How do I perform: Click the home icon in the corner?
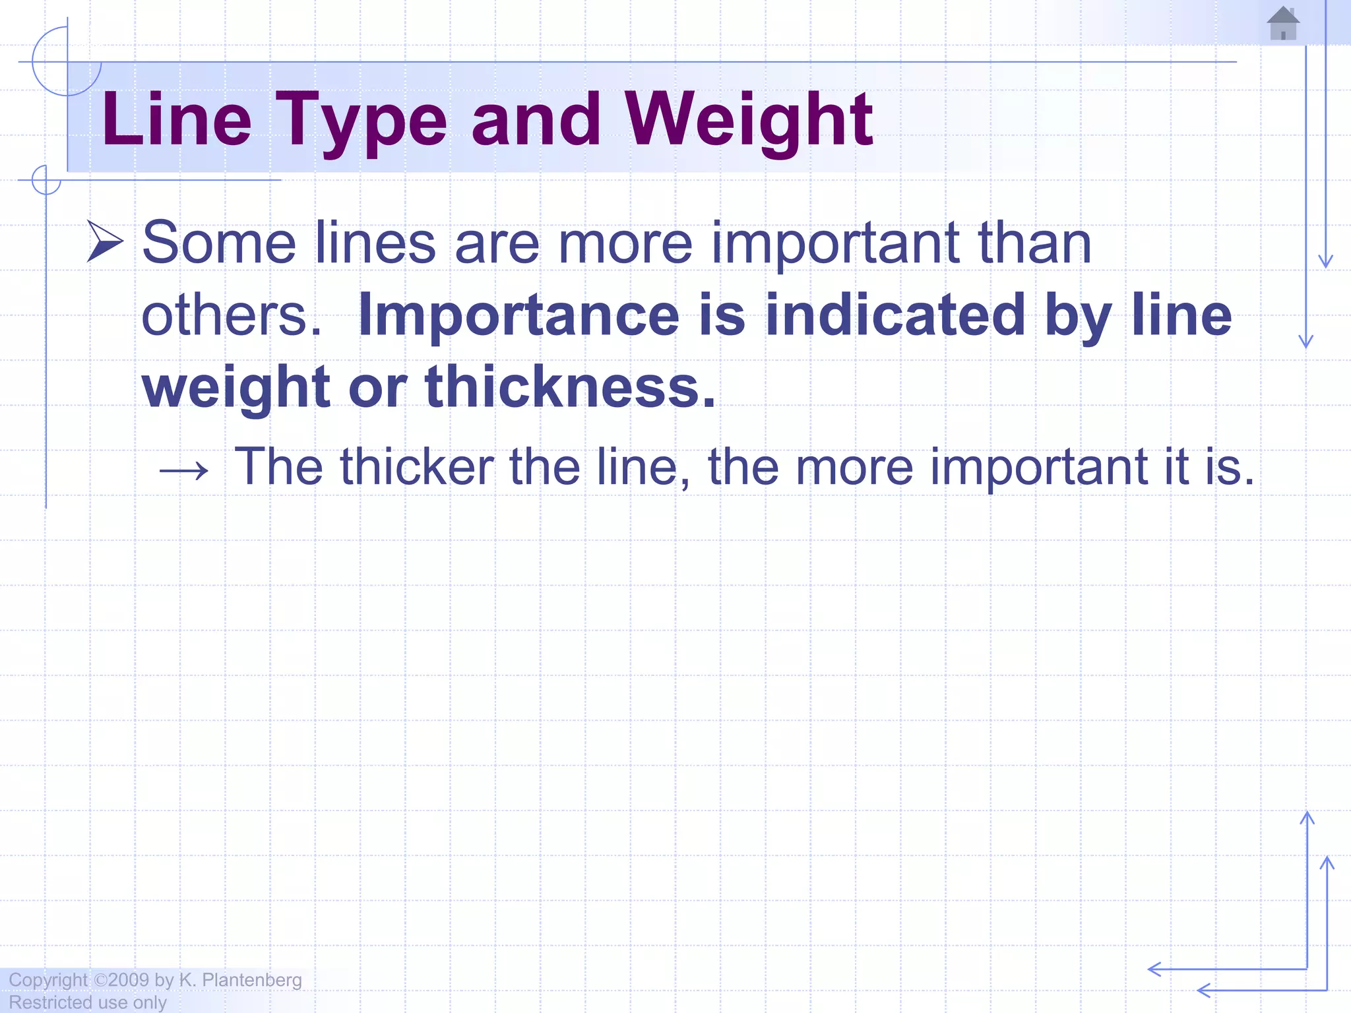point(1283,24)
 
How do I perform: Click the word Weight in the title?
point(749,120)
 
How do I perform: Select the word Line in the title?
point(177,120)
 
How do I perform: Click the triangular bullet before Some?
point(105,242)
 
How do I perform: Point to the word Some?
point(219,243)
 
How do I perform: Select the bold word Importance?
point(518,315)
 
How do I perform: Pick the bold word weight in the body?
point(236,387)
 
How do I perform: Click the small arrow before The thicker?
point(183,471)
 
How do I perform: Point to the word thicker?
point(417,467)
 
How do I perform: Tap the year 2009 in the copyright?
point(129,980)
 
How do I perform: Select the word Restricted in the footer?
point(50,1002)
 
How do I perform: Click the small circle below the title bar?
point(46,180)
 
